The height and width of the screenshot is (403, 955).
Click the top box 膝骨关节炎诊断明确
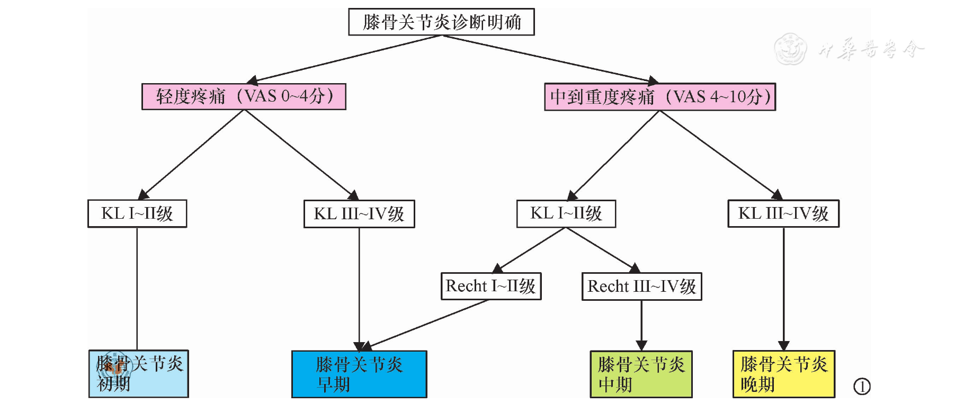[x=441, y=22]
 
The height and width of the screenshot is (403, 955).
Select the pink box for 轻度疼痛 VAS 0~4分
[x=244, y=96]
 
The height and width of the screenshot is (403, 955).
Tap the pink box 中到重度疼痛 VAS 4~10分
[x=660, y=97]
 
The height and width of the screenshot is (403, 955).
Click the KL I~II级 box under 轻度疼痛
[x=137, y=213]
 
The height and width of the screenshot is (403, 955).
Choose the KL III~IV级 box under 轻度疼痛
[x=359, y=214]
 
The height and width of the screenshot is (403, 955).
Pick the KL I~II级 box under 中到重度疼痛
[x=566, y=213]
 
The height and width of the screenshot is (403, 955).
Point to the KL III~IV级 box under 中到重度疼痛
[x=783, y=213]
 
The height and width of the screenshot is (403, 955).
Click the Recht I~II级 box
[x=491, y=286]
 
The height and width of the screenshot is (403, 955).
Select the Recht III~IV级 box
[x=641, y=286]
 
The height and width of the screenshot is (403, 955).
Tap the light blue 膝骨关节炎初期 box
[x=139, y=374]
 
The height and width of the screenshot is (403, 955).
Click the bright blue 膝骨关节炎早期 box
[x=359, y=374]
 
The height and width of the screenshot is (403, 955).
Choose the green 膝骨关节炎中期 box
[x=641, y=374]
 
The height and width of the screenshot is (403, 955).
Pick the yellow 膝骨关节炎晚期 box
[x=783, y=374]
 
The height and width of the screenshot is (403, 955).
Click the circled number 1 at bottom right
[x=862, y=387]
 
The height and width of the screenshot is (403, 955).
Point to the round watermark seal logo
[x=790, y=49]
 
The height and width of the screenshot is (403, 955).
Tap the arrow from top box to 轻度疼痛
[x=344, y=58]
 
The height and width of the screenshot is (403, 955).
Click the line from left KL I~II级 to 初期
[x=137, y=289]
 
